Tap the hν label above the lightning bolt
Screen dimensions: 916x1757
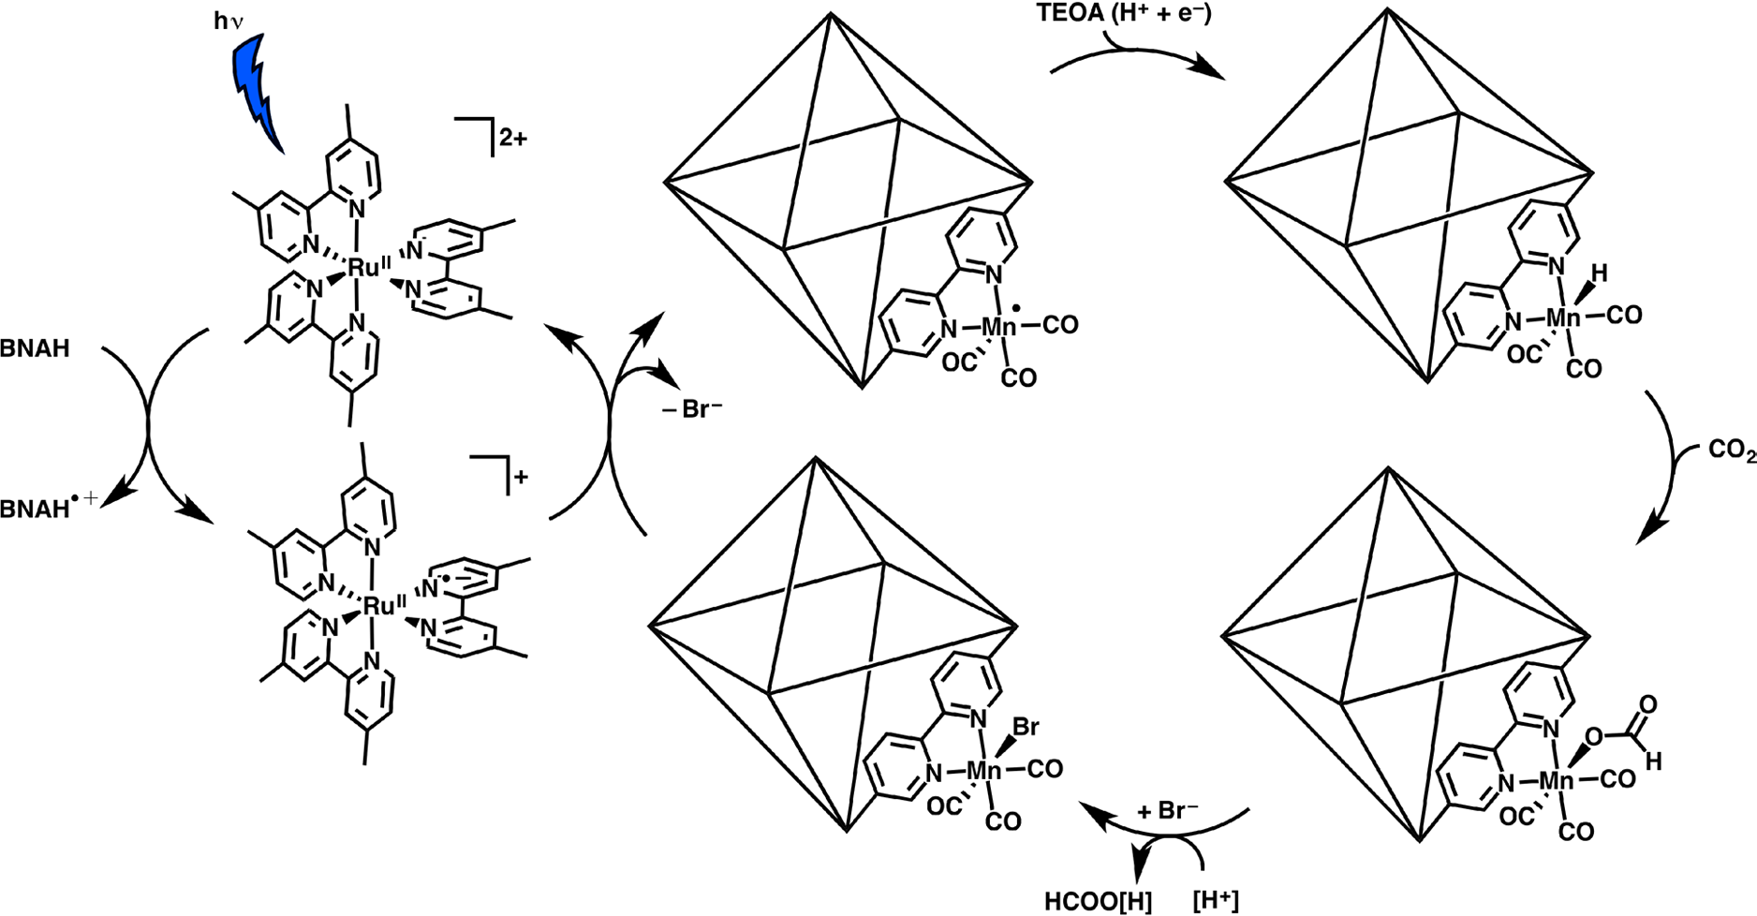(228, 22)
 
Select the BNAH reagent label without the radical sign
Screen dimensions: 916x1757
(36, 349)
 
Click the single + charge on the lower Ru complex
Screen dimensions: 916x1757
(520, 476)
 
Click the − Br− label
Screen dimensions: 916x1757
(692, 410)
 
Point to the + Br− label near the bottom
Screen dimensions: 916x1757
(1167, 811)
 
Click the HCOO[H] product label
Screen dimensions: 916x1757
(1098, 901)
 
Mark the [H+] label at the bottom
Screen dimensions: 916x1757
(1216, 901)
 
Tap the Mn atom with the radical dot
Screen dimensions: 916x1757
(998, 327)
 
